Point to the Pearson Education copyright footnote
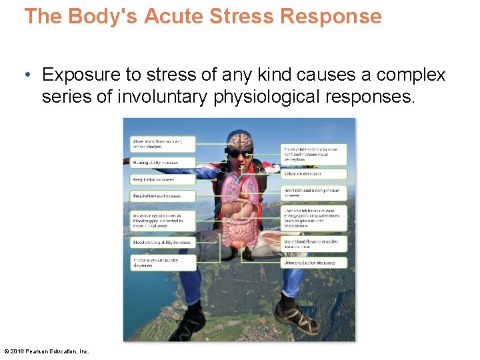tap(47, 351)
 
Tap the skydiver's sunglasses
tap(239, 154)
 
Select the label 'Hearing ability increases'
tap(163, 162)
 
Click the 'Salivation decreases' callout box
tap(313, 173)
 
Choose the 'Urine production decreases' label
tap(313, 263)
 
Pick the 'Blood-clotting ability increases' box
tap(163, 243)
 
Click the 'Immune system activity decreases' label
tap(163, 262)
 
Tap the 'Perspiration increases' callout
tap(163, 179)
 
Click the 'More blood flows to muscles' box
tap(313, 244)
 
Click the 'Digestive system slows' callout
tap(163, 219)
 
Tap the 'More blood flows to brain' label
tap(163, 143)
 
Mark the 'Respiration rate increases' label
tap(163, 196)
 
